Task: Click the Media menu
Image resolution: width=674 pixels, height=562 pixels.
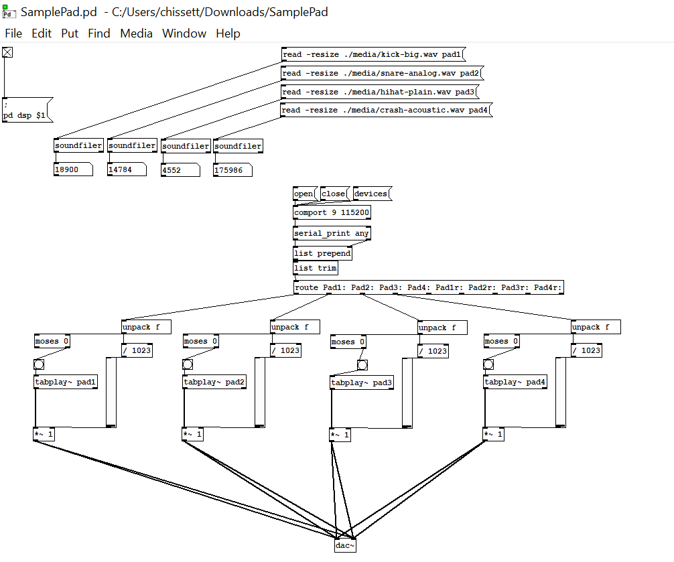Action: [x=136, y=33]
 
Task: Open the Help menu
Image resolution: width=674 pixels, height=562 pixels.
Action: [x=228, y=33]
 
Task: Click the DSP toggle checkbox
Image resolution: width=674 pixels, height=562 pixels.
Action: [x=7, y=53]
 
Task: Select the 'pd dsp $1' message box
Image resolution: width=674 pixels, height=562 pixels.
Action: [x=25, y=111]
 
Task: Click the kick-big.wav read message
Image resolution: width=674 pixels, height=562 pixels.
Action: [x=372, y=54]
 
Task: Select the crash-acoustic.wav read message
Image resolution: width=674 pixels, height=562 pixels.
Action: [x=385, y=110]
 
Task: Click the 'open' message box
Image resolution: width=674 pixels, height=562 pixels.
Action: [x=304, y=194]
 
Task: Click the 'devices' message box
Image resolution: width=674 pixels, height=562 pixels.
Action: [x=370, y=194]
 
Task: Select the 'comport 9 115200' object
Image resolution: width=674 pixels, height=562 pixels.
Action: [x=332, y=213]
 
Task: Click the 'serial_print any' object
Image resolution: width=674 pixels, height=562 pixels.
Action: [x=332, y=233]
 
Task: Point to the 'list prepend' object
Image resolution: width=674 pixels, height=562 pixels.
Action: [x=322, y=253]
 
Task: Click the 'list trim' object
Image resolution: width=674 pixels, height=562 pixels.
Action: [x=315, y=268]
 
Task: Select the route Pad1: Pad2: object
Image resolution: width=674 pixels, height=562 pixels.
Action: [x=428, y=288]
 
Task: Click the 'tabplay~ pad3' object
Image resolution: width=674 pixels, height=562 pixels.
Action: [x=361, y=383]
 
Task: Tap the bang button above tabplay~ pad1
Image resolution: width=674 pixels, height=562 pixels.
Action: [x=39, y=365]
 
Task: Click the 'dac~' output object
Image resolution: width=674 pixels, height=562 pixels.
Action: [x=345, y=546]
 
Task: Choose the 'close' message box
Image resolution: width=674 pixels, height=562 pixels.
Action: [x=334, y=194]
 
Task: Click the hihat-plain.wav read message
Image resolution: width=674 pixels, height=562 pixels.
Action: [x=379, y=92]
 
